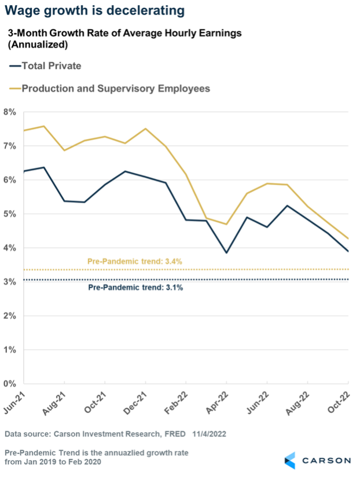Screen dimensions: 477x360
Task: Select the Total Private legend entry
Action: (x=51, y=65)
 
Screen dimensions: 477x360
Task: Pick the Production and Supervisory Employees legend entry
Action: (x=115, y=89)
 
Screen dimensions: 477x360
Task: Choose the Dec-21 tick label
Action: (x=137, y=402)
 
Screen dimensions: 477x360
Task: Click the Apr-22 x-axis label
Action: (x=218, y=402)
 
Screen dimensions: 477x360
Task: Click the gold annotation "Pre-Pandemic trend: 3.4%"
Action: (x=135, y=261)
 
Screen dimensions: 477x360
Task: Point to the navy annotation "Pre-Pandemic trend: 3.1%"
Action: (x=135, y=288)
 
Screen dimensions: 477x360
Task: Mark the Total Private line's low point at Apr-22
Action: (x=226, y=252)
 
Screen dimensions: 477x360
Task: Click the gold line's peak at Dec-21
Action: (x=145, y=129)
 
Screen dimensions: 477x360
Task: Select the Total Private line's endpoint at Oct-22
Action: (x=348, y=251)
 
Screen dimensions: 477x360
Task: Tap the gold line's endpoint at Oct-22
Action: (x=348, y=238)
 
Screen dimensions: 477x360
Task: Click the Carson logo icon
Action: (x=291, y=460)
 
